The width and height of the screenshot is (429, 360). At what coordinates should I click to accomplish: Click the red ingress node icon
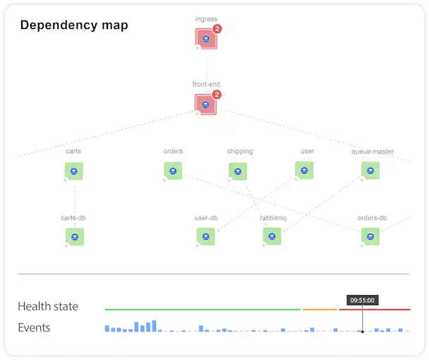point(205,39)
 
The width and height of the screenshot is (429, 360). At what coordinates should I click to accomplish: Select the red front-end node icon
point(205,104)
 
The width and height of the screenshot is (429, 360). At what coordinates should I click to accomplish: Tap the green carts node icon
point(74,171)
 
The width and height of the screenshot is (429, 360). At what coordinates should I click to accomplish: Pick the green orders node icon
point(173,170)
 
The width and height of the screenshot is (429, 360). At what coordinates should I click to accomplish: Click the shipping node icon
point(238,171)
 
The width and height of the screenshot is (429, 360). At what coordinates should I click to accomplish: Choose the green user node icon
point(304,170)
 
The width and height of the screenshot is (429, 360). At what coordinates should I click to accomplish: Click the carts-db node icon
point(74,236)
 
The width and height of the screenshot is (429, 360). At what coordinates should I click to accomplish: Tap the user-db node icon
point(205,236)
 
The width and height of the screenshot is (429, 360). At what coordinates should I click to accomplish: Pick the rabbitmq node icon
point(272,236)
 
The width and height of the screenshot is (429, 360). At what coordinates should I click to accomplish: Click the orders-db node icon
point(370,236)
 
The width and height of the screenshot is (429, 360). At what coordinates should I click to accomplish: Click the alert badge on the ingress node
point(217,29)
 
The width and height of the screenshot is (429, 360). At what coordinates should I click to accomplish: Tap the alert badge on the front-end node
point(217,95)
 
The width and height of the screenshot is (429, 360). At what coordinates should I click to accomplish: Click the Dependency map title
point(74,25)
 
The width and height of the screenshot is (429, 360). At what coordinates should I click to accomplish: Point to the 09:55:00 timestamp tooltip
point(361,300)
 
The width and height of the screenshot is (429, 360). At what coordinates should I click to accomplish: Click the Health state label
point(48,306)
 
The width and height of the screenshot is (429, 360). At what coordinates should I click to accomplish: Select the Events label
point(34,328)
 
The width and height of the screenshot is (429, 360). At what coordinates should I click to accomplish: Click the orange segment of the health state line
point(320,309)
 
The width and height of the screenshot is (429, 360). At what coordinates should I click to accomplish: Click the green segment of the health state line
point(203,309)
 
